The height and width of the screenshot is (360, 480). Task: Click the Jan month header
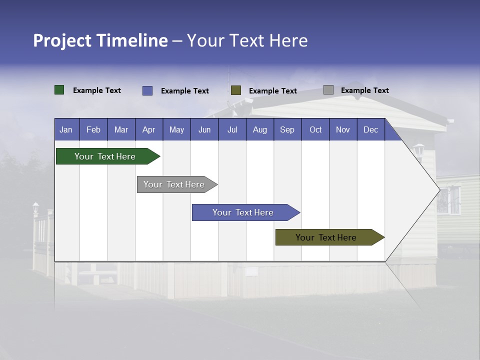66,129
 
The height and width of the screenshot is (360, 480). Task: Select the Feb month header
93,129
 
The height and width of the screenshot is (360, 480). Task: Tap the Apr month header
149,129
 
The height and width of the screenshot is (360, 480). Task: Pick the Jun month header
204,129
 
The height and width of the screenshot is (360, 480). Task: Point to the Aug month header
260,129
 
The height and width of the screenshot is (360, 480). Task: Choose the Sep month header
287,129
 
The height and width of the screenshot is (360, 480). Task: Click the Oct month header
315,129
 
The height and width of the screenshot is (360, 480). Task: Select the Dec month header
371,129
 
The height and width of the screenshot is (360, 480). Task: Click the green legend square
59,90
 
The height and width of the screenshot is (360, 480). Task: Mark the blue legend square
147,90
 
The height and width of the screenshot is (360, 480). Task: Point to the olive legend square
236,90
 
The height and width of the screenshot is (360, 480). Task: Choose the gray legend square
328,90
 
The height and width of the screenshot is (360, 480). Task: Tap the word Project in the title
62,40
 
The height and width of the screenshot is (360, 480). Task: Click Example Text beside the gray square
364,90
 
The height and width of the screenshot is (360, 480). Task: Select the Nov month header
343,129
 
